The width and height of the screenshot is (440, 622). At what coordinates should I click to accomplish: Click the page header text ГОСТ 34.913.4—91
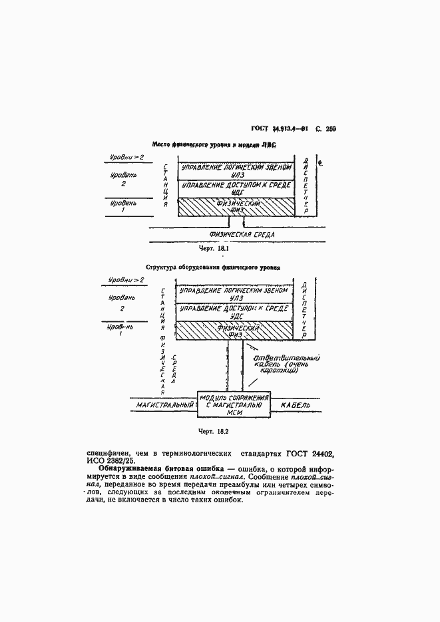click(x=282, y=129)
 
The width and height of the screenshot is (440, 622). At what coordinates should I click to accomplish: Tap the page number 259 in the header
click(x=330, y=129)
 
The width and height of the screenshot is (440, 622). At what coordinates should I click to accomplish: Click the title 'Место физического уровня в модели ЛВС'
click(x=214, y=144)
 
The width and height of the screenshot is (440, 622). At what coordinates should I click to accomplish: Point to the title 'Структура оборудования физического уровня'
click(x=213, y=267)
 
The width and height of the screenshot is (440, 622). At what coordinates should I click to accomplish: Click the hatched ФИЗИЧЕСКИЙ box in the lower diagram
click(x=234, y=331)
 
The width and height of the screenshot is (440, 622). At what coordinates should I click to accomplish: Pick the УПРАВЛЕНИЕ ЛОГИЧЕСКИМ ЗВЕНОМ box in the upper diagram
click(x=236, y=170)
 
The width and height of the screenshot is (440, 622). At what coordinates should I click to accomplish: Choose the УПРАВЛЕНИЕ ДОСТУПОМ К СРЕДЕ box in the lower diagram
click(x=234, y=312)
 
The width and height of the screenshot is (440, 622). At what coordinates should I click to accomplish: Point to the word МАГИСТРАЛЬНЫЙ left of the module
click(x=164, y=404)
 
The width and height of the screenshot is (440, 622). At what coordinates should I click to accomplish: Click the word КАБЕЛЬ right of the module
click(x=296, y=404)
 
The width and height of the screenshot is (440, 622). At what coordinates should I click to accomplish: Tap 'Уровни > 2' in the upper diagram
click(x=127, y=157)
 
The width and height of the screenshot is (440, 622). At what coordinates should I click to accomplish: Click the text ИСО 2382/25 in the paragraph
click(x=111, y=460)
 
